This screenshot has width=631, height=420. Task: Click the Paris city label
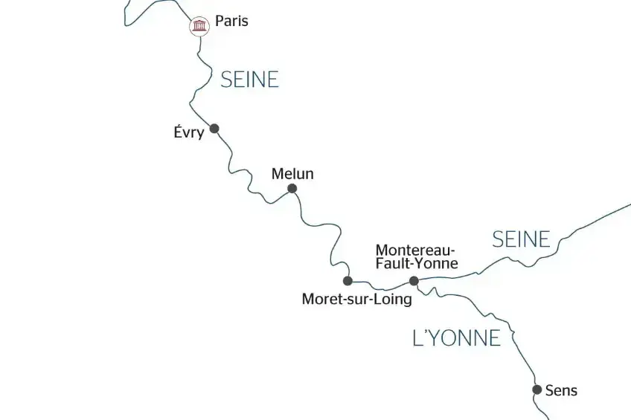[x=231, y=22]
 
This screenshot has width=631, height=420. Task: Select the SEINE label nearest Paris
[x=249, y=80]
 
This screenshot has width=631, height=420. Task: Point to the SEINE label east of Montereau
[x=521, y=239]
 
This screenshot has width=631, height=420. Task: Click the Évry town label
[x=188, y=133]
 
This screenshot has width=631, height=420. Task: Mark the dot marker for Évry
[x=214, y=129]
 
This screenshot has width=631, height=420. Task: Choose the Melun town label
[x=292, y=174]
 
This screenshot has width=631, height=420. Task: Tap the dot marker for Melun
[x=292, y=189]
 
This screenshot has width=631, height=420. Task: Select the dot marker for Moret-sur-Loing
[x=347, y=281]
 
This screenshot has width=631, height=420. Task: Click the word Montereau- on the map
[x=416, y=249]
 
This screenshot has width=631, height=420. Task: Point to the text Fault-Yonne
[x=416, y=262]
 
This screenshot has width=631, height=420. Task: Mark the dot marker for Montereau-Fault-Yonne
[x=414, y=281]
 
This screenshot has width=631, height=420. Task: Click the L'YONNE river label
[x=456, y=338]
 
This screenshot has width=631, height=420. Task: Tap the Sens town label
[x=561, y=390]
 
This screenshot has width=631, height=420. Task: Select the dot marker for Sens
[x=536, y=390]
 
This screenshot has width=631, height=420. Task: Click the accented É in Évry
[x=176, y=132]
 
